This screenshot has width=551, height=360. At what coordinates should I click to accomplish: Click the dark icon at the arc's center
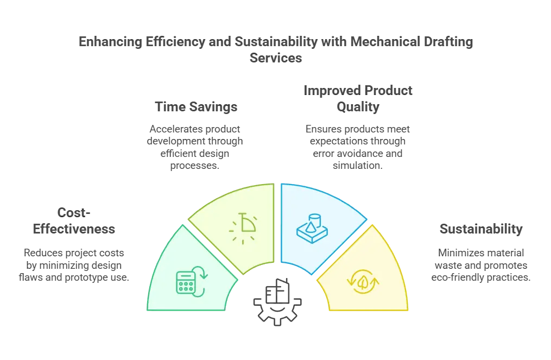click(277, 304)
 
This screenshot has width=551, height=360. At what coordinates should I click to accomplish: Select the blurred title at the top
click(275, 49)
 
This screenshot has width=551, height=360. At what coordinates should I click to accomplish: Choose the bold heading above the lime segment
click(197, 108)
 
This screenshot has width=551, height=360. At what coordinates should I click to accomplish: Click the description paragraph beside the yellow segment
click(481, 264)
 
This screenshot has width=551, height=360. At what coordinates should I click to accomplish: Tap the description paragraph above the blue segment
click(357, 146)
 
